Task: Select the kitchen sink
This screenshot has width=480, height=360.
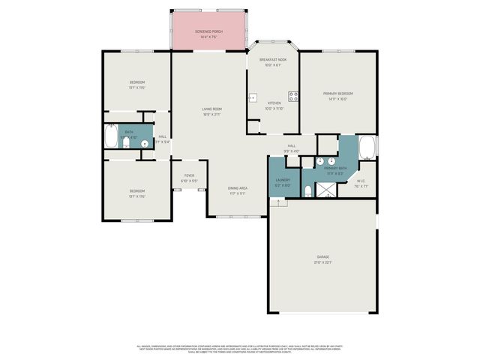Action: [x=253, y=97]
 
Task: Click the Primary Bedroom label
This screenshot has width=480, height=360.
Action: [x=337, y=94]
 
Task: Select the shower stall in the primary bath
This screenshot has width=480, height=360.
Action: [x=328, y=190]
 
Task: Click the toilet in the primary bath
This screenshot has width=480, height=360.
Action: [x=308, y=191]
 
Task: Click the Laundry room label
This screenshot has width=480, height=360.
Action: [x=283, y=180]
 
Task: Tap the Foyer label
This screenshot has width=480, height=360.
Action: [x=189, y=175]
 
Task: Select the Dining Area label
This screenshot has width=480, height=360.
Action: [x=238, y=188]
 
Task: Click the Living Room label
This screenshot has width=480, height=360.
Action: [x=211, y=109]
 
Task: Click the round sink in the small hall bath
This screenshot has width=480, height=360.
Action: [x=145, y=143]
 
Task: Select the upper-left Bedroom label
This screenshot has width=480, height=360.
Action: [x=136, y=82]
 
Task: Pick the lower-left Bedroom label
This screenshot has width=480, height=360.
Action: [x=136, y=191]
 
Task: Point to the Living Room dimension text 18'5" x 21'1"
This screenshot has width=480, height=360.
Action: [x=211, y=115]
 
